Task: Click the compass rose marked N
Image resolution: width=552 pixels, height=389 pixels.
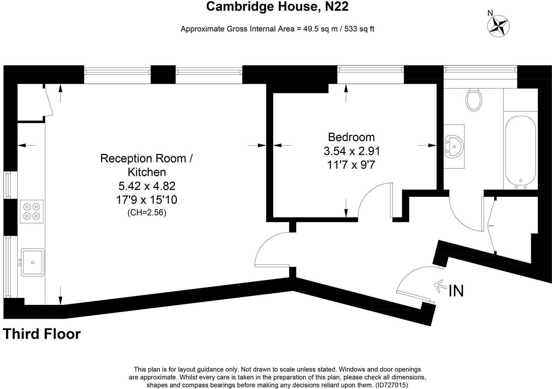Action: coord(498,26)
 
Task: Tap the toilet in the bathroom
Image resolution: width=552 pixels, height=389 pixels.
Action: coord(474,99)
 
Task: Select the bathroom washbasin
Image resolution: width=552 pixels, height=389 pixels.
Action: coord(454,146)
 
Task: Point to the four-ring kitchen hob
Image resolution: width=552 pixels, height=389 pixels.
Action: coord(32,212)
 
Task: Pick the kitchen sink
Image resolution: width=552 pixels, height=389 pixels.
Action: coord(33,262)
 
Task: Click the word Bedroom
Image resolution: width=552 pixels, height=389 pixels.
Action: coord(351,137)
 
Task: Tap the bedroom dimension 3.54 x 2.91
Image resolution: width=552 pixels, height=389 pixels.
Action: coord(352,151)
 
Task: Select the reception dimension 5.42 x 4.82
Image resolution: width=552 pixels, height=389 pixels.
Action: coord(147,186)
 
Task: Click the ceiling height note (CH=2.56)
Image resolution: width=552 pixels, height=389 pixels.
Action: coord(147,212)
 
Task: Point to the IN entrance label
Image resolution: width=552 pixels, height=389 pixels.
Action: coord(456,291)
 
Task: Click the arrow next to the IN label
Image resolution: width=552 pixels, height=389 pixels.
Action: coord(440,286)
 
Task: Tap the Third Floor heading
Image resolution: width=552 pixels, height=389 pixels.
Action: coord(42,334)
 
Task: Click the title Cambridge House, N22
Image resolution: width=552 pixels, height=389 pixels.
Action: coord(277,7)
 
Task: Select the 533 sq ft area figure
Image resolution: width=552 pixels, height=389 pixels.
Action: coord(359,29)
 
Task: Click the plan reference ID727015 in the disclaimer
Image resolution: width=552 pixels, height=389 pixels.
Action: coord(392,385)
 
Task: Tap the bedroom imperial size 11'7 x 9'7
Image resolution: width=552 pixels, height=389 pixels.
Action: coord(351,165)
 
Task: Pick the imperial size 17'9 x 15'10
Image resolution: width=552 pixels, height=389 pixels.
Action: coord(147,200)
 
